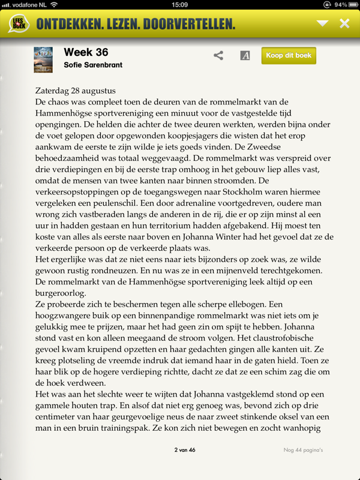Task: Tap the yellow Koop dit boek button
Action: coord(289,55)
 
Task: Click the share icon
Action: coord(218,56)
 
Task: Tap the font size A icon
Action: coord(245,56)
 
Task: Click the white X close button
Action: coord(344,23)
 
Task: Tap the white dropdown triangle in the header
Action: coord(323,23)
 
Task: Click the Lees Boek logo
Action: coord(19,24)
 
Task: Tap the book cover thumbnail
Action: coord(43,59)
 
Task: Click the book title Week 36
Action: coord(86,52)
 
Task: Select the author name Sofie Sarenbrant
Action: coord(93,65)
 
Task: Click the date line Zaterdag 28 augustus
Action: coord(75,91)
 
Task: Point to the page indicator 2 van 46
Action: coord(185,450)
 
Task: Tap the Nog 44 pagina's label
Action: coord(304,450)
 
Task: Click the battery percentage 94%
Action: coord(341,5)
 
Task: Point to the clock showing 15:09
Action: coord(180,5)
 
